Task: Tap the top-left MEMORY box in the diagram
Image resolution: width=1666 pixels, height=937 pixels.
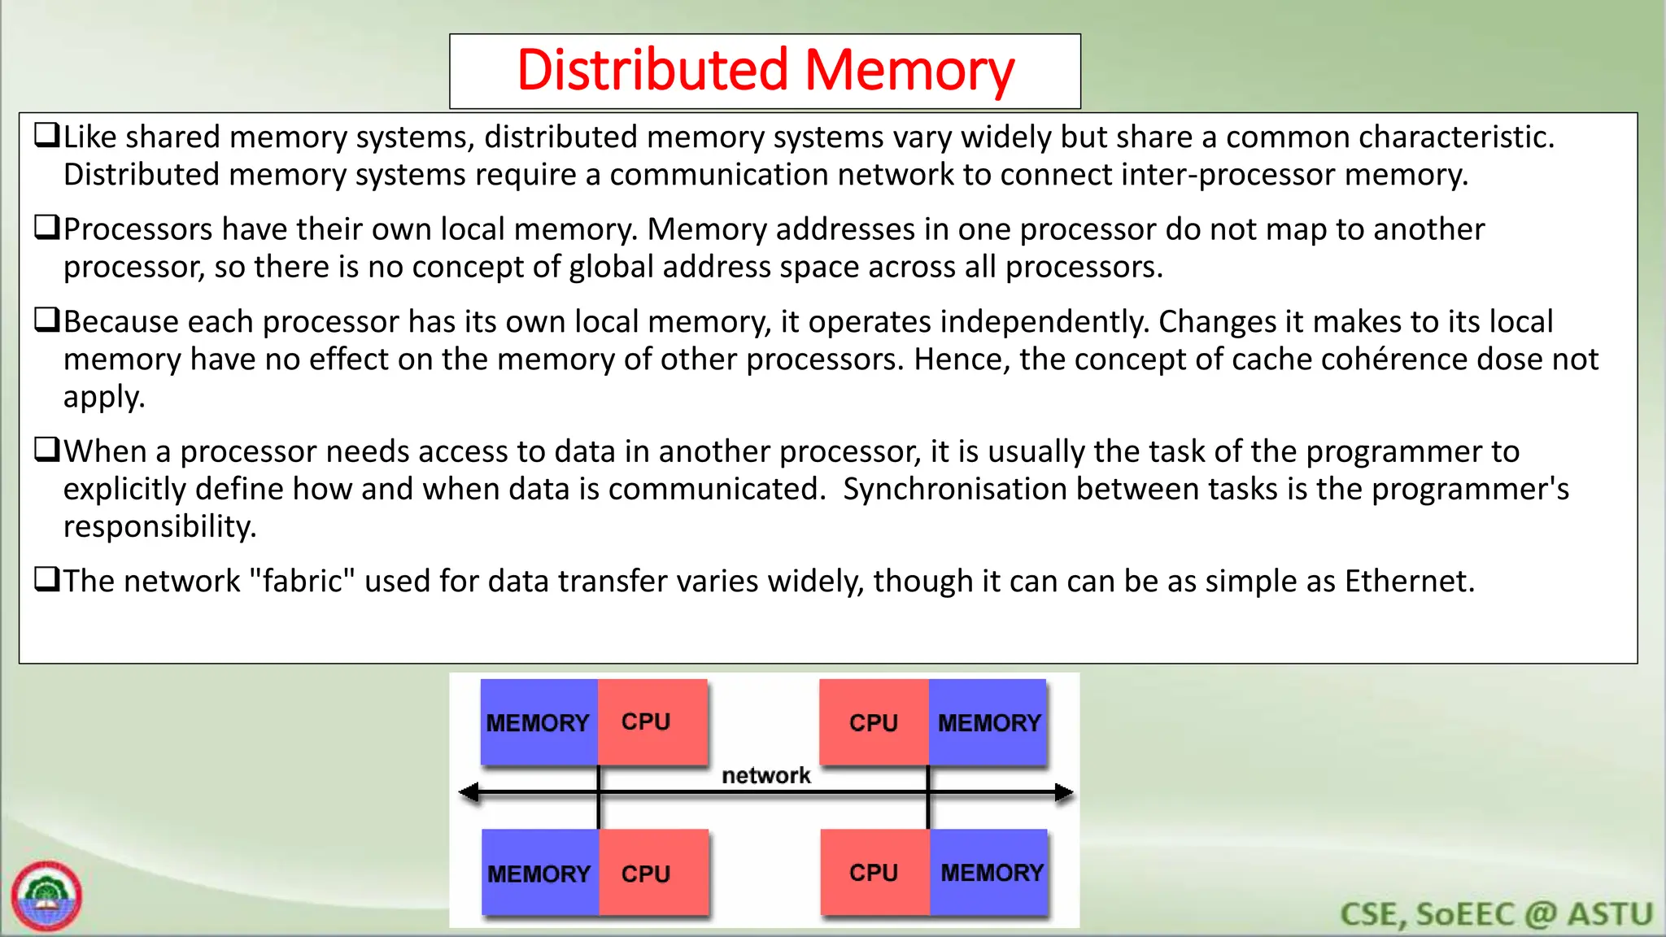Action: pyautogui.click(x=539, y=722)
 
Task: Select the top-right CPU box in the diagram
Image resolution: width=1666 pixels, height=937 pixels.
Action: pyautogui.click(x=874, y=722)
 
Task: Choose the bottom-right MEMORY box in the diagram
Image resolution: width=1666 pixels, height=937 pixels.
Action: pyautogui.click(x=990, y=873)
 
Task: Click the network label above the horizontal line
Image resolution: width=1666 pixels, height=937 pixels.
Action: pyautogui.click(x=766, y=775)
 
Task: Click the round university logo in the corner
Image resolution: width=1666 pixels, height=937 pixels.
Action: pyautogui.click(x=46, y=896)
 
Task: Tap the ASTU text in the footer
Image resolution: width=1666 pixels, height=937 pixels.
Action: pyautogui.click(x=1610, y=914)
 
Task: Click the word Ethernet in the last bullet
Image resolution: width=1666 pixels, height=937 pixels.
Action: pyautogui.click(x=1408, y=582)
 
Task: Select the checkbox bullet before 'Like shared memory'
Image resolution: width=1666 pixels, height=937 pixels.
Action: pyautogui.click(x=46, y=135)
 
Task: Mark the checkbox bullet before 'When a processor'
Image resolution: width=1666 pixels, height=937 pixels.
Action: pyautogui.click(x=46, y=449)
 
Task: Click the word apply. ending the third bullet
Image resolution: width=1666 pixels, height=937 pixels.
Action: pyautogui.click(x=104, y=397)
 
